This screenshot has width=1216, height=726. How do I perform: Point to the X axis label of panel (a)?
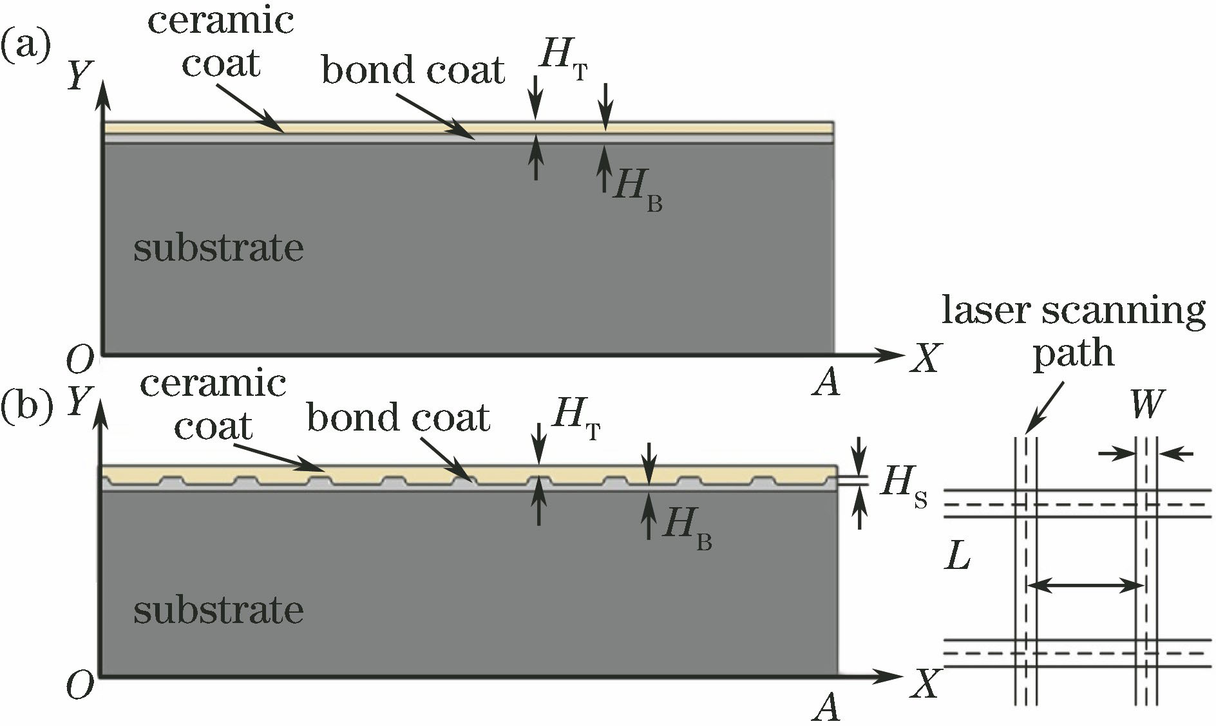(x=926, y=358)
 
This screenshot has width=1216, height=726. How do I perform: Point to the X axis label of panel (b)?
(x=926, y=685)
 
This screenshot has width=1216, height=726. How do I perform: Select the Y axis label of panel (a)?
(x=82, y=75)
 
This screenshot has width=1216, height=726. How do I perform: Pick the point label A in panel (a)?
(x=826, y=384)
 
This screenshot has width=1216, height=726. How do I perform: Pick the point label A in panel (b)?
(x=826, y=709)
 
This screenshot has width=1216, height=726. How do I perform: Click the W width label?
(x=1147, y=405)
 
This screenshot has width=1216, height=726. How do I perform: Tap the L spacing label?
(x=958, y=557)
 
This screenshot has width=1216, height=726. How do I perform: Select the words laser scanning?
(x=1073, y=312)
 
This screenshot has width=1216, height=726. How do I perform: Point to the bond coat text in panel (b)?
(x=398, y=418)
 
